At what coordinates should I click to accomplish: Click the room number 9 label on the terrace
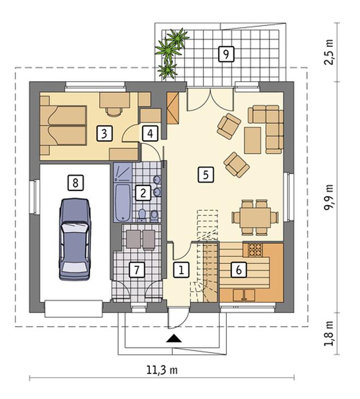[226, 54]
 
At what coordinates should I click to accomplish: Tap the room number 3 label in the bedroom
[104, 134]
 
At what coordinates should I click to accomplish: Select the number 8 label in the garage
[75, 183]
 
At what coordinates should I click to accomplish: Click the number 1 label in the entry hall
[181, 269]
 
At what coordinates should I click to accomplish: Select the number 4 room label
[150, 134]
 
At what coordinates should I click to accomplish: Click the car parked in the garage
[75, 239]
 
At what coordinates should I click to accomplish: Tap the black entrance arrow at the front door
[174, 338]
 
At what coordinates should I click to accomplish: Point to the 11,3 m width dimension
[162, 370]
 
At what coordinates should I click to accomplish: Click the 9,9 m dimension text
[328, 197]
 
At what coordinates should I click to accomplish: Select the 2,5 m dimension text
[328, 52]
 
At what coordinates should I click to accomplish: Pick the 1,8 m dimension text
[328, 334]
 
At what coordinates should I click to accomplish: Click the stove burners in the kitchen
[255, 250]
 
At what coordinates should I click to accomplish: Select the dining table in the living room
[255, 217]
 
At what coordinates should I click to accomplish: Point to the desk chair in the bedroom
[114, 111]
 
